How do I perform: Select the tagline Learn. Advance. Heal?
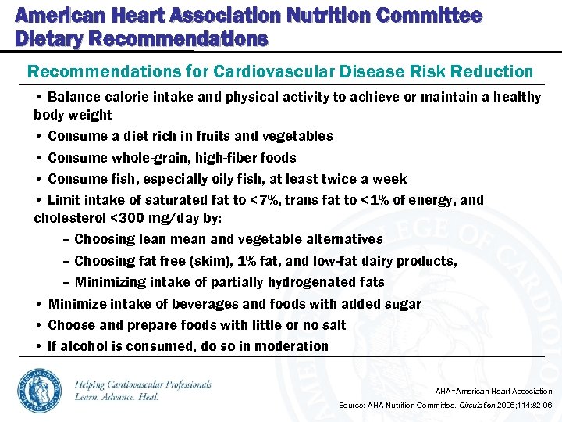pyautogui.click(x=117, y=397)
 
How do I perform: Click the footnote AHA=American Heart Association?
pyautogui.click(x=493, y=391)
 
